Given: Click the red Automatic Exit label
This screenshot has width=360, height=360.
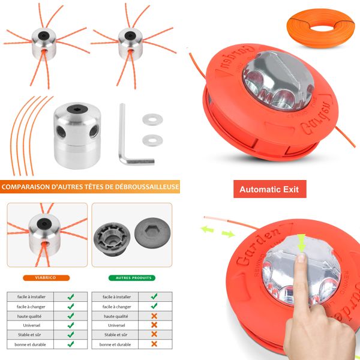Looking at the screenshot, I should pyautogui.click(x=270, y=189).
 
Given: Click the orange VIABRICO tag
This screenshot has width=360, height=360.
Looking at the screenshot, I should pyautogui.click(x=46, y=278).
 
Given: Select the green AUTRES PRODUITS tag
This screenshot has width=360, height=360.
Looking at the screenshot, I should pyautogui.click(x=131, y=278).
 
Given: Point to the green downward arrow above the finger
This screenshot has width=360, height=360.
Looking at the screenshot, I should pyautogui.click(x=301, y=241).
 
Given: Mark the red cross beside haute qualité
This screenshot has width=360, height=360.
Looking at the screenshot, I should pyautogui.click(x=154, y=316).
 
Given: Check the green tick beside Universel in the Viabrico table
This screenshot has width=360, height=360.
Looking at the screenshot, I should pyautogui.click(x=71, y=325).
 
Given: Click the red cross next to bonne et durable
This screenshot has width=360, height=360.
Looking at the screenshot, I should pyautogui.click(x=154, y=344).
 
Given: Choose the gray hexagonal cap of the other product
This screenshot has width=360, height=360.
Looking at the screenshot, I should pyautogui.click(x=151, y=231).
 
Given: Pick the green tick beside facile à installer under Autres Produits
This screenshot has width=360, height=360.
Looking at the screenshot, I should pyautogui.click(x=154, y=296).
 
